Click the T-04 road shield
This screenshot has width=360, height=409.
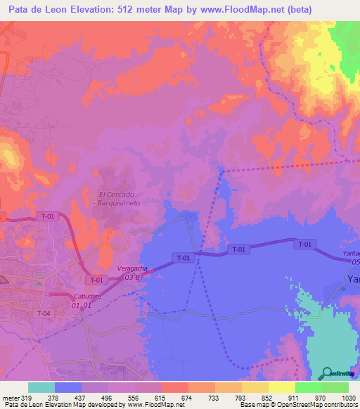(44, 313)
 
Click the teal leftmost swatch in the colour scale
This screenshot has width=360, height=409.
(41, 387)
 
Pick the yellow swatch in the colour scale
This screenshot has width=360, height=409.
(282, 387)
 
